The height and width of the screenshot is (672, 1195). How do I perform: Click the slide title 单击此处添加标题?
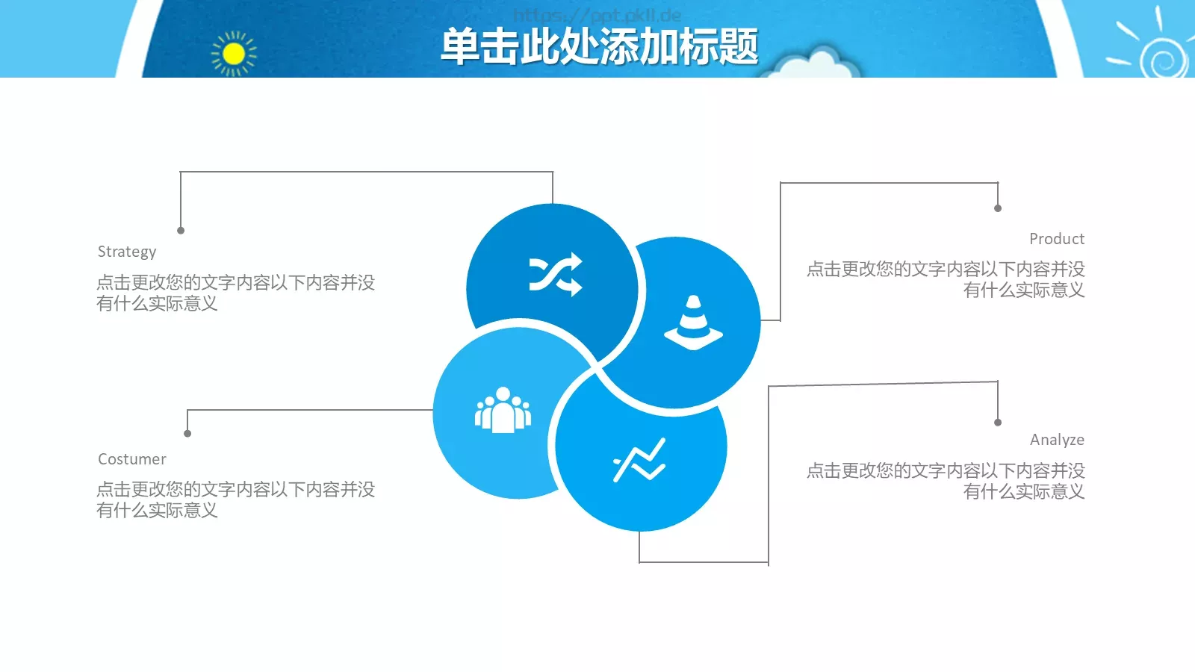pos(599,46)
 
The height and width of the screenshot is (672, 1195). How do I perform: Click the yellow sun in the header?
pos(234,54)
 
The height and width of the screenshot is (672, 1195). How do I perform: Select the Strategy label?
pos(127,252)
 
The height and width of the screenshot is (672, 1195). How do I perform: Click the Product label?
pos(1056,239)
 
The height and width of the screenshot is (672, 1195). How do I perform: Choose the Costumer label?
pos(132,459)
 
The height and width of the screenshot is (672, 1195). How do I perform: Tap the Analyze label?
pos(1056,440)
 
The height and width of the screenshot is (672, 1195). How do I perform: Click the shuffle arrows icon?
pos(555,275)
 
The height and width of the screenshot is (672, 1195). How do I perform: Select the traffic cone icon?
pos(693,323)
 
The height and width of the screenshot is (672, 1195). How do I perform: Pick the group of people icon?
pos(503,410)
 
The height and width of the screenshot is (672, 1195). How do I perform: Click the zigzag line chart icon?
pos(639,460)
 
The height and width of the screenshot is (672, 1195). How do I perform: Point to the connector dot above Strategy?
pos(181,231)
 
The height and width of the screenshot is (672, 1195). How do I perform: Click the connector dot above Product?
pos(998,208)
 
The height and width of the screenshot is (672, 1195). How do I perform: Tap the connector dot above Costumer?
pos(187,434)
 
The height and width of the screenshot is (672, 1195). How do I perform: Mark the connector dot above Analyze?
pos(998,423)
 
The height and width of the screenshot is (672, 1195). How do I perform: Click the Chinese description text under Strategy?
pos(235,293)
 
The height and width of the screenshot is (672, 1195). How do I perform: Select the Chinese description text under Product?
pos(946,279)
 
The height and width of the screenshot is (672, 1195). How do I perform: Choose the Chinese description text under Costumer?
pos(235,500)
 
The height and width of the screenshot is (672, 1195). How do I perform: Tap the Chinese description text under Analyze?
pos(946,481)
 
